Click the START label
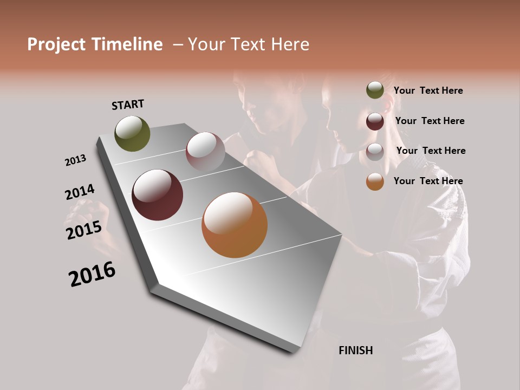[x=128, y=105]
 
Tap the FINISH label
[x=355, y=350]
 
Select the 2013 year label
[x=75, y=160]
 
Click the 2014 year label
[x=80, y=192]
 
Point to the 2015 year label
[x=84, y=230]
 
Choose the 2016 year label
[x=92, y=274]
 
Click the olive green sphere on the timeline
[x=133, y=133]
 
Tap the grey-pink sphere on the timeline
[x=205, y=152]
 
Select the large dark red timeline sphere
[x=158, y=195]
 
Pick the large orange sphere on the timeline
[x=235, y=225]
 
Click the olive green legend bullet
[x=375, y=90]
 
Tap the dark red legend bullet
[x=375, y=121]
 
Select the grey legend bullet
[x=375, y=152]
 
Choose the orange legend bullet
[x=375, y=181]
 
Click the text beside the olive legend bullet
[x=428, y=90]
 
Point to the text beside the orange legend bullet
[x=428, y=181]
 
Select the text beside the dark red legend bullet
[x=430, y=121]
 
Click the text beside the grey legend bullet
[x=431, y=151]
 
